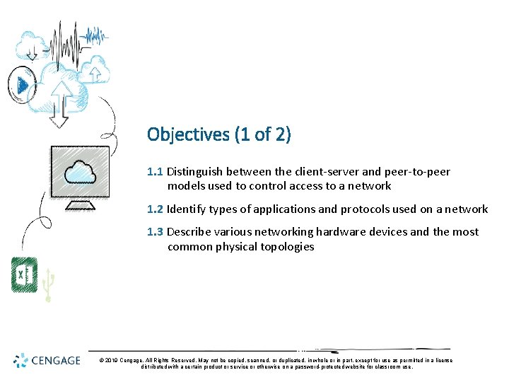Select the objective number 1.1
pyautogui.click(x=155, y=172)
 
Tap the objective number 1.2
pyautogui.click(x=155, y=209)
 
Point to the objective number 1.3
pyautogui.click(x=155, y=232)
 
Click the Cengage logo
pyautogui.click(x=49, y=360)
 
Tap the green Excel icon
pyautogui.click(x=25, y=275)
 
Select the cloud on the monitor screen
pyautogui.click(x=79, y=172)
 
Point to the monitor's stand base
pyautogui.click(x=80, y=207)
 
